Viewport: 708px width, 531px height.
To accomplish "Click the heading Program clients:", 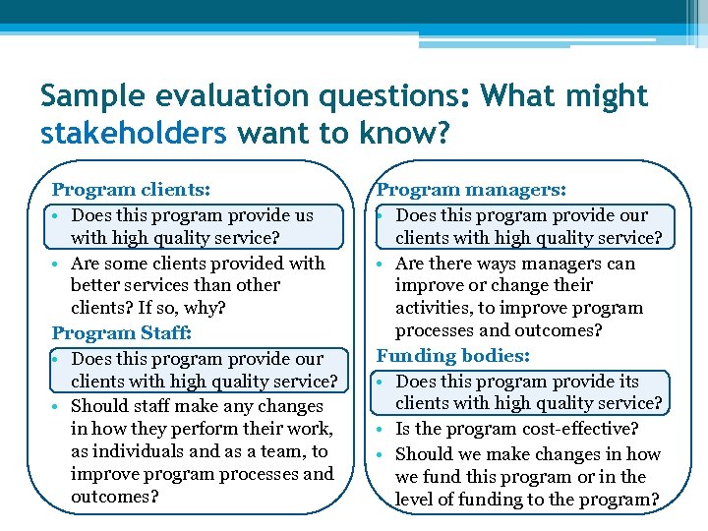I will point(131,189).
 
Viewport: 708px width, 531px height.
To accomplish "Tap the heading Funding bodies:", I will point(453,355).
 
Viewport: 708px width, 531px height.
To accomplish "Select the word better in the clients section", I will point(95,285).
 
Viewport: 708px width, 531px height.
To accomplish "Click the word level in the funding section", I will point(417,499).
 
